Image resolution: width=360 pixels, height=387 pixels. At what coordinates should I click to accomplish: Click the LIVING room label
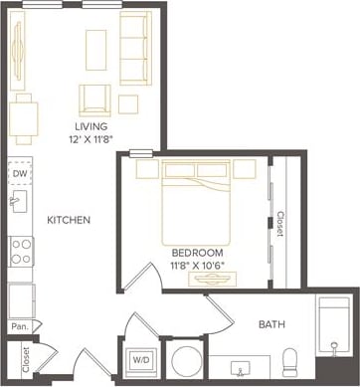pos(91,126)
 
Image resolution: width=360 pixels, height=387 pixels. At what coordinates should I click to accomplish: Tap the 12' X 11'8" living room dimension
pos(91,141)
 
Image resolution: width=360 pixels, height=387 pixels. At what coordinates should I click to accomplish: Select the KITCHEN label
pos(69,220)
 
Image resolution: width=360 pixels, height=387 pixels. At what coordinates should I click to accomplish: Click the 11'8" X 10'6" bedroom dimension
pos(197,266)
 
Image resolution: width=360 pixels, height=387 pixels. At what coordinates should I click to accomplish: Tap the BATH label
pos(272,324)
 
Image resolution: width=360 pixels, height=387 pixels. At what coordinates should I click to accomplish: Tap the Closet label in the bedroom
pos(281,224)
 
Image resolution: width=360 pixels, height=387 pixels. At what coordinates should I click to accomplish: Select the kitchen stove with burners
pos(21,251)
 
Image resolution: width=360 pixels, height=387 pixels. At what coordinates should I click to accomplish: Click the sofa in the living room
pos(136,48)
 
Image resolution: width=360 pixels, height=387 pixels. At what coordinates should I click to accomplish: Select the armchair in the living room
pos(95,97)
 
